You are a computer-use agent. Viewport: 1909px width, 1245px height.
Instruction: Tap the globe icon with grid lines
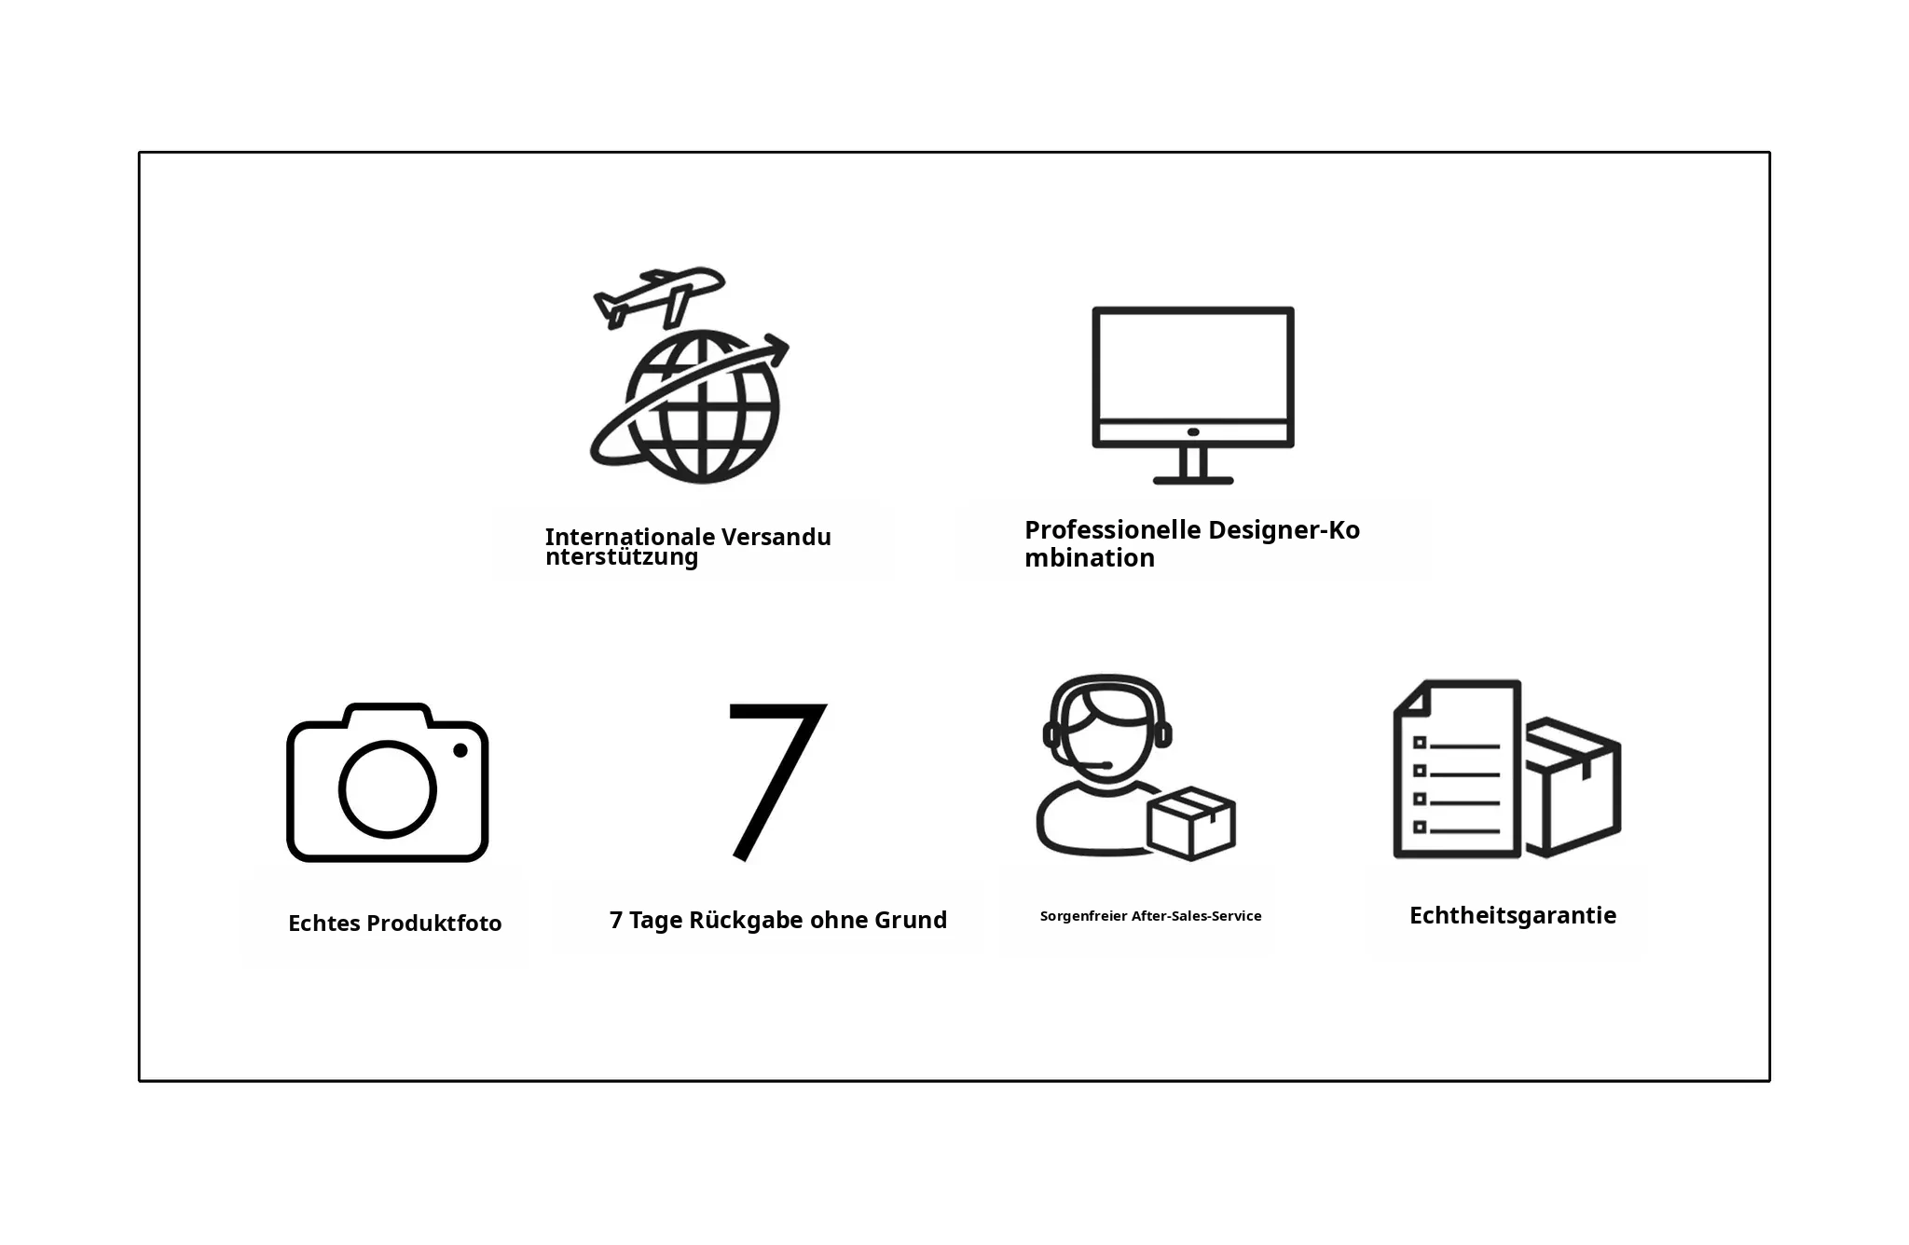point(703,407)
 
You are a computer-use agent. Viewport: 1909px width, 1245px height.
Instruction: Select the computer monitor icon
point(1193,395)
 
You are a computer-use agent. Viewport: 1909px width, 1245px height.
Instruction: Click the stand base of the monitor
point(1193,480)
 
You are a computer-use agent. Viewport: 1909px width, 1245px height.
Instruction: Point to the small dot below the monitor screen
point(1193,432)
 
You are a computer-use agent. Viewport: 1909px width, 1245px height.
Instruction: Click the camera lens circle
point(387,789)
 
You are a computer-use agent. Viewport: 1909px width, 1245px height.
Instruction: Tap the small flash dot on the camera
point(460,750)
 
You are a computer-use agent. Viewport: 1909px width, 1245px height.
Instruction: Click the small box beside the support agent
point(1191,823)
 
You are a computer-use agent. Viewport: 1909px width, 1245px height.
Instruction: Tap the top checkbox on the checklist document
point(1420,743)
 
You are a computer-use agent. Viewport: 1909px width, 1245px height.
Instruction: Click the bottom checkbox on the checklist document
point(1420,827)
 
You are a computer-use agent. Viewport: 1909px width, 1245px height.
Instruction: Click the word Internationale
point(630,537)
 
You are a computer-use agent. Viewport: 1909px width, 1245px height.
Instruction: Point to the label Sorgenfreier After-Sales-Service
point(1150,916)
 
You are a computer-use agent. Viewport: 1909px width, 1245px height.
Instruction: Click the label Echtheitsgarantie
point(1513,915)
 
